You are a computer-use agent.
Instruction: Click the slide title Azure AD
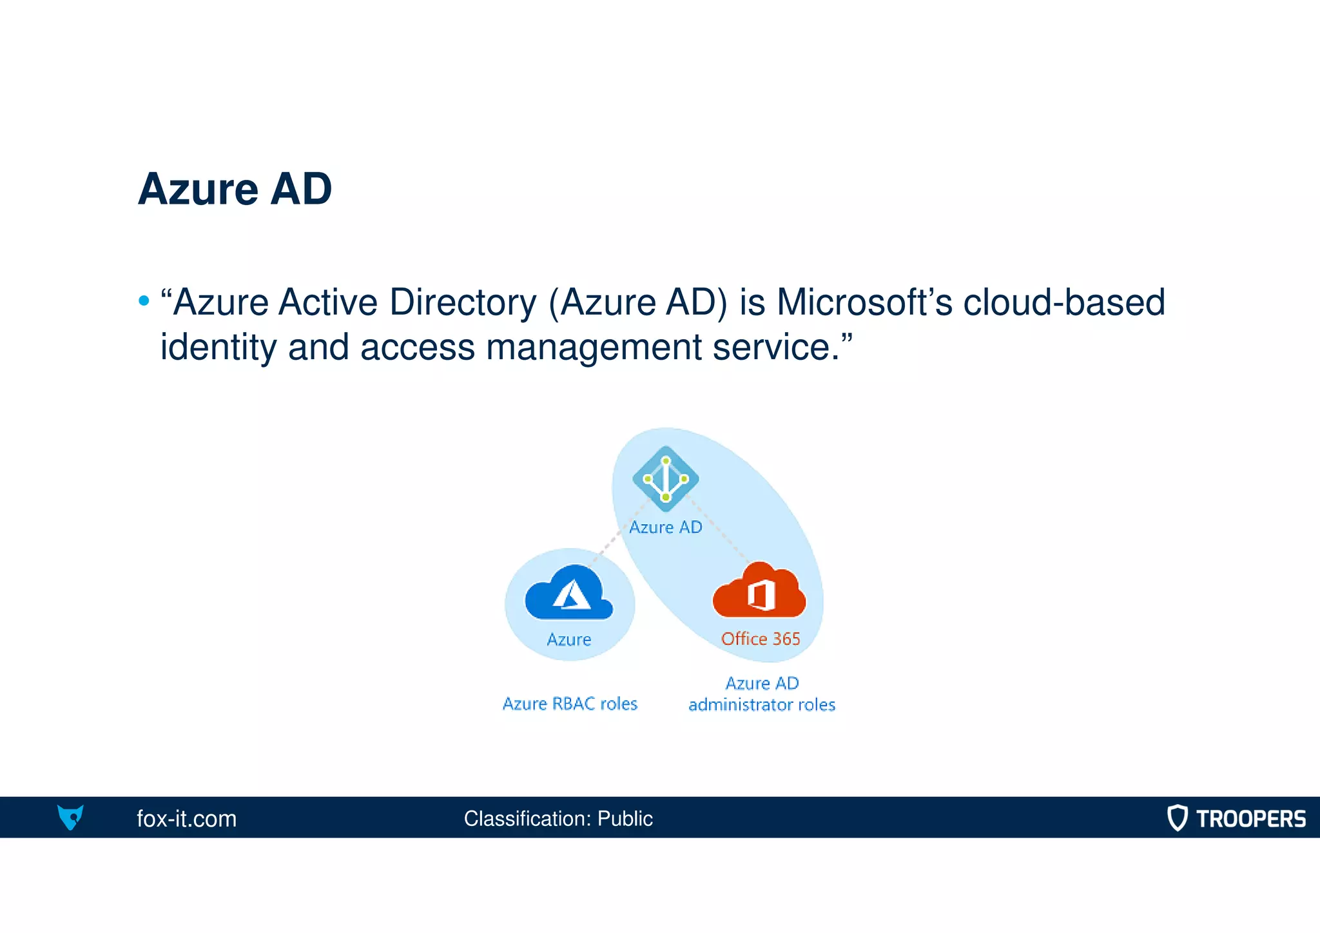tap(235, 189)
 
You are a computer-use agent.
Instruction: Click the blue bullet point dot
tap(144, 301)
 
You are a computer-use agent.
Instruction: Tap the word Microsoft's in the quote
tap(864, 302)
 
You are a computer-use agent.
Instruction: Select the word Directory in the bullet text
tap(463, 302)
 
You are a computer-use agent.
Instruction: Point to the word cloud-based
tap(1063, 302)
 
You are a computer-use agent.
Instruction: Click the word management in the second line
tap(594, 347)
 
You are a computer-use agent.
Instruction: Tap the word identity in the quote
tap(217, 347)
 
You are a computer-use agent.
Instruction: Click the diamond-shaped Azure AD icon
tap(665, 478)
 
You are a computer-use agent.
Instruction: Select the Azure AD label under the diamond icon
tap(665, 527)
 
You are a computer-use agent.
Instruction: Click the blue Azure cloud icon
tap(568, 593)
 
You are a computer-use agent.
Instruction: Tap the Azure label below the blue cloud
tap(568, 640)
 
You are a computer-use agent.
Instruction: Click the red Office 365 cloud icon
tap(759, 591)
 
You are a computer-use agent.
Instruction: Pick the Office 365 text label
tap(761, 639)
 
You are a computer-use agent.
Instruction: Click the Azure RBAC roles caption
tap(570, 703)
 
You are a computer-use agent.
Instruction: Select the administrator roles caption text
tap(762, 705)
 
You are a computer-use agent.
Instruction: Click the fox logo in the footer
tap(70, 817)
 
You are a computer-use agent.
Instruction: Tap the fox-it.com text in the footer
tap(186, 819)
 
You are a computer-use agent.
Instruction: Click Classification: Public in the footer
tap(558, 819)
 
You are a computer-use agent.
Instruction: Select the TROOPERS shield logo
tap(1177, 818)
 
